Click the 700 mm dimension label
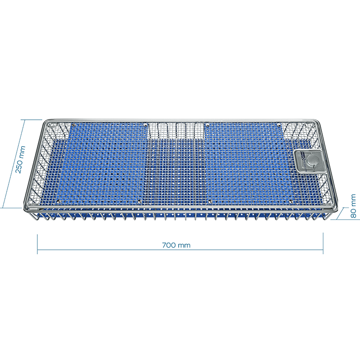click(x=176, y=245)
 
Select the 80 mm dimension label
click(x=353, y=206)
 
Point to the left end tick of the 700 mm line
click(x=37, y=244)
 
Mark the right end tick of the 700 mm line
click(x=323, y=243)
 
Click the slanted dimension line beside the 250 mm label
click(x=13, y=163)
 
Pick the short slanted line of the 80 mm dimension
click(x=340, y=213)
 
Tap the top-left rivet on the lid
click(x=74, y=125)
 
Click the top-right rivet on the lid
click(x=279, y=125)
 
